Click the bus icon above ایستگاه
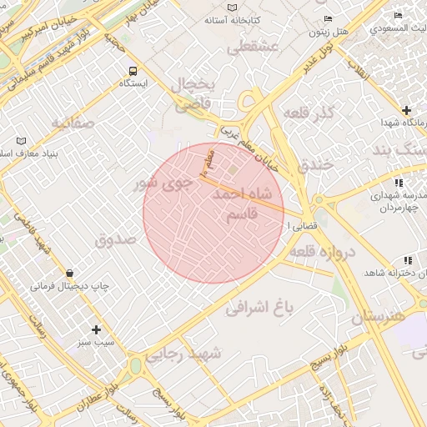tap(133, 70)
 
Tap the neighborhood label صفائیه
tap(74, 123)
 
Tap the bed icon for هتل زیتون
tap(327, 19)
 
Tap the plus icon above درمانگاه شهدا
tap(406, 110)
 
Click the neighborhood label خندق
tap(314, 164)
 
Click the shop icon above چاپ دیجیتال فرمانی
tap(69, 273)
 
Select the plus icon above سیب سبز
tap(96, 329)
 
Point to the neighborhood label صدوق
tap(115, 239)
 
